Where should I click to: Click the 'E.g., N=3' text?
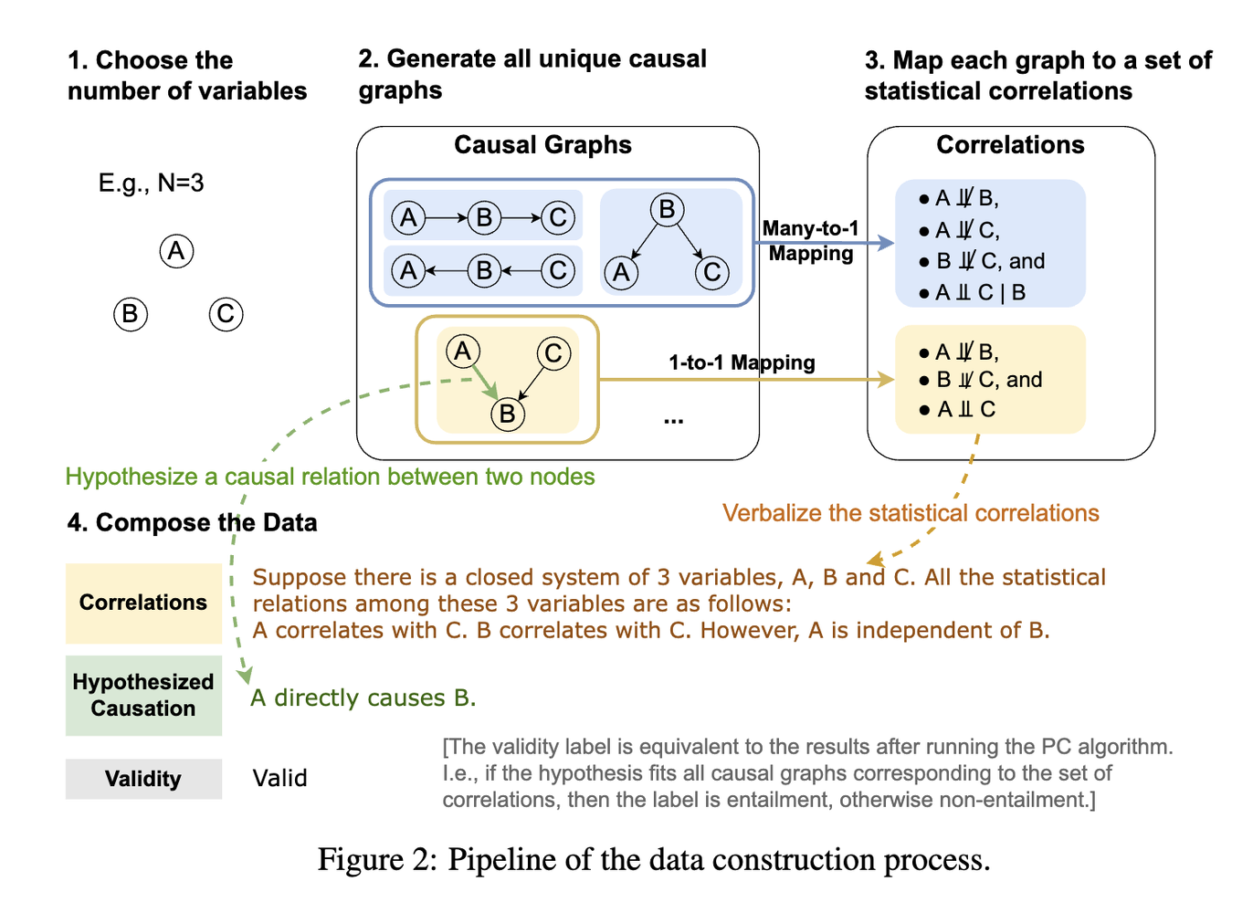point(151,183)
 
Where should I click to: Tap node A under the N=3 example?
point(176,251)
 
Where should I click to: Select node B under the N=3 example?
point(131,314)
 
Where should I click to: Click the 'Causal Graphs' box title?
point(542,145)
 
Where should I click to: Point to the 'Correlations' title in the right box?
point(1010,145)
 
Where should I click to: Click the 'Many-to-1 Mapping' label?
point(811,241)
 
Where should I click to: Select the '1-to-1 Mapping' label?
point(742,362)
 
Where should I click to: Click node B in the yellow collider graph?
point(507,415)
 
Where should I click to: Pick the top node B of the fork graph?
point(667,210)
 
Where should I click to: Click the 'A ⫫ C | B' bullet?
point(974,292)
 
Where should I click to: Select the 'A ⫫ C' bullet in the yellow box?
point(959,409)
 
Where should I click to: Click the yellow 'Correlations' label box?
point(143,603)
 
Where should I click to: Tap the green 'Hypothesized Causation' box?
point(143,695)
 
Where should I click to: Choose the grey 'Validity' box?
point(143,779)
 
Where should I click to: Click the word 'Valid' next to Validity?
point(279,778)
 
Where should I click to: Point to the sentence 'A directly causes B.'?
point(363,698)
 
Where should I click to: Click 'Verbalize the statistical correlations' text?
point(911,513)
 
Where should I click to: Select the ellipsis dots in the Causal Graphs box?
point(674,421)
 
